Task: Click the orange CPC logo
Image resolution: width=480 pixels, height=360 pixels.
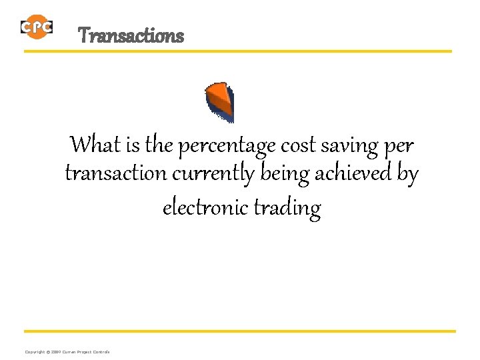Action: (36, 27)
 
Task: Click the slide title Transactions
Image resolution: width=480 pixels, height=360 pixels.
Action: (131, 35)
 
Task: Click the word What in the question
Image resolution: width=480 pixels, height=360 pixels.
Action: (95, 143)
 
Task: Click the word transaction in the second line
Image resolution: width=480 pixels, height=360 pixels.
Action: (115, 175)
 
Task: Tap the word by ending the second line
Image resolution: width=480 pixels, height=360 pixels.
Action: (407, 175)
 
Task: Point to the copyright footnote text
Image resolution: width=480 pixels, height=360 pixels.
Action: (67, 351)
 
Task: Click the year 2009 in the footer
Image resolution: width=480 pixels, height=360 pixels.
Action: (55, 351)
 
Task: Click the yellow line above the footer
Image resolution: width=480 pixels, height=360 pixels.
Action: (240, 331)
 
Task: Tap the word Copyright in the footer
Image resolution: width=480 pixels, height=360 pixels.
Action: (35, 351)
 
